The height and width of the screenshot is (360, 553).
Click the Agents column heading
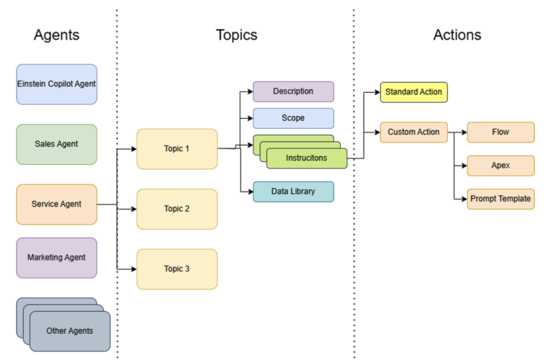[x=56, y=35]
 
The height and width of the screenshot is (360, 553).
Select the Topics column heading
[x=236, y=35]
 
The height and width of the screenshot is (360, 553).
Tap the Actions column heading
[x=457, y=35]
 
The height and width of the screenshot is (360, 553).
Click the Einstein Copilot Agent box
[x=56, y=84]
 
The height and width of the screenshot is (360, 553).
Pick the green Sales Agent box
[x=56, y=144]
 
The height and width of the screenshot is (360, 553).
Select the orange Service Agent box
[x=56, y=204]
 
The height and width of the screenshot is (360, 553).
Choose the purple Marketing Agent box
[x=56, y=258]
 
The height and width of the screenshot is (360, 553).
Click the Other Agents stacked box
[x=70, y=331]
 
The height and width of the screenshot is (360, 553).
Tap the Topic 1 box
[x=176, y=149]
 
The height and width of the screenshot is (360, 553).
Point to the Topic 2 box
[x=176, y=209]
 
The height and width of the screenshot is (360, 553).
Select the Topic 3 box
[x=176, y=269]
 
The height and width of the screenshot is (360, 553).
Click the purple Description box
[x=293, y=91]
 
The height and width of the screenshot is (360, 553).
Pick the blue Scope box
[x=293, y=118]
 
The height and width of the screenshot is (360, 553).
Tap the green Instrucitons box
[x=306, y=158]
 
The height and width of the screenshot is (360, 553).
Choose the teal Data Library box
[x=293, y=192]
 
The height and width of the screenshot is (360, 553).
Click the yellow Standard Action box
[x=413, y=92]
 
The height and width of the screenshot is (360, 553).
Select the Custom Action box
[x=413, y=132]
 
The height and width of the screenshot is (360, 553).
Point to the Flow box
[x=500, y=132]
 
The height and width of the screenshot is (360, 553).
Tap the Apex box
[x=500, y=166]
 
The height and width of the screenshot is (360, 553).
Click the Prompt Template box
[x=500, y=199]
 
